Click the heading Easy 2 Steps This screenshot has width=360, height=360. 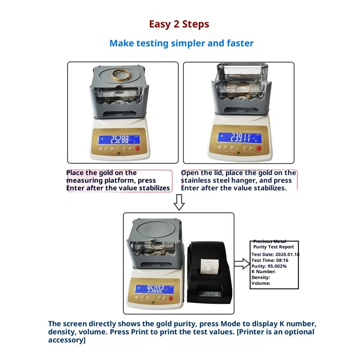coord(179,24)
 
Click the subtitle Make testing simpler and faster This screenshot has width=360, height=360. coord(181,44)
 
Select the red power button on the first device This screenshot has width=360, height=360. coord(138,148)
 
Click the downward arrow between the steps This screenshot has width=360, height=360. coord(179,203)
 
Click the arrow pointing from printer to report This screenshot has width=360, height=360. coord(242,264)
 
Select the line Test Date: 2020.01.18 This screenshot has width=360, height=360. coord(275,254)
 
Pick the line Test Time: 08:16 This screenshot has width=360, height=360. coord(270,260)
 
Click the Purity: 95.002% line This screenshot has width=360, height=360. coord(269,266)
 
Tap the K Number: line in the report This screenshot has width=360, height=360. coord(264,272)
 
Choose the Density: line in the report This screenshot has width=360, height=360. coord(261,278)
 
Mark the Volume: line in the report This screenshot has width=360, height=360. coord(261,283)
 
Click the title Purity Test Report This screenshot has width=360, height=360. coord(274,247)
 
